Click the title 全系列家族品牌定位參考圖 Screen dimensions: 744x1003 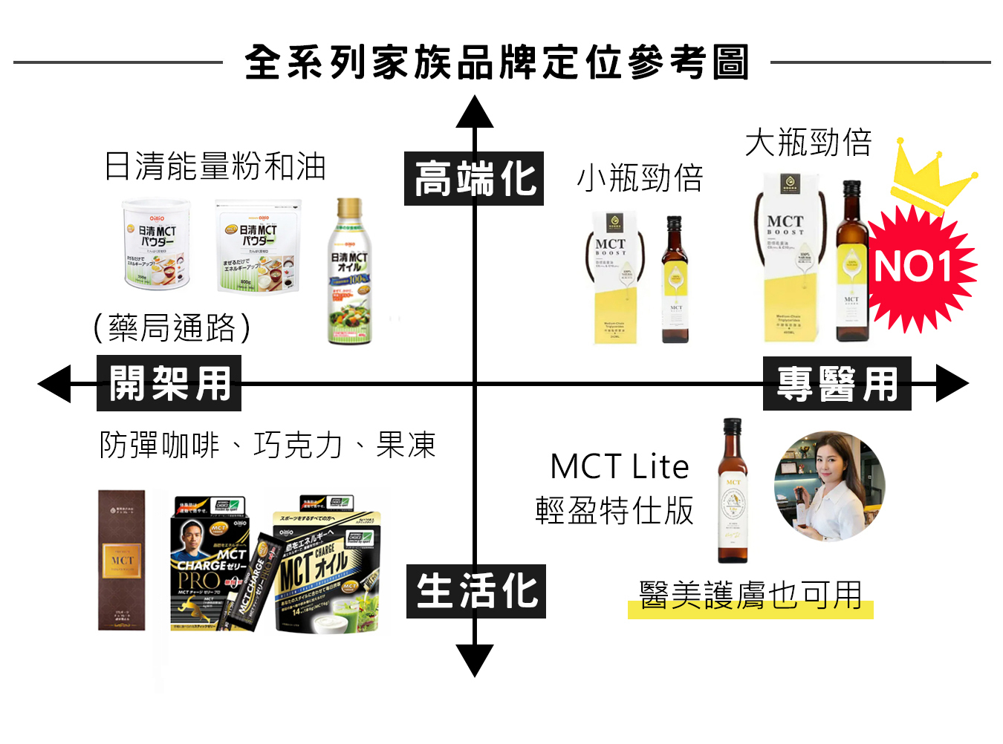[496, 62]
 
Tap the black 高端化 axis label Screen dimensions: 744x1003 [474, 179]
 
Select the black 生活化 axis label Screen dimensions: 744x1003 [475, 592]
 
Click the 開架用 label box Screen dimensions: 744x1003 [169, 384]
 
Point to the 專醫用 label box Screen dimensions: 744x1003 [837, 384]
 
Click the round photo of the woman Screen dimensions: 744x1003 [829, 486]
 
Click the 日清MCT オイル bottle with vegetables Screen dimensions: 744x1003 [349, 272]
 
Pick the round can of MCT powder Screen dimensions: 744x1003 [157, 244]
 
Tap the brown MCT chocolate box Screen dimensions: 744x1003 [122, 560]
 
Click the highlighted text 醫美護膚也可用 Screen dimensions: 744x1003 [750, 595]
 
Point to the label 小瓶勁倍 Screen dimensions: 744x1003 [640, 178]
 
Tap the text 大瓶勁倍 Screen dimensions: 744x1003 [808, 143]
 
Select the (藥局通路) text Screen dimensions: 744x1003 [172, 327]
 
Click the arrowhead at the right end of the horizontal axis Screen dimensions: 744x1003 [952, 384]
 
